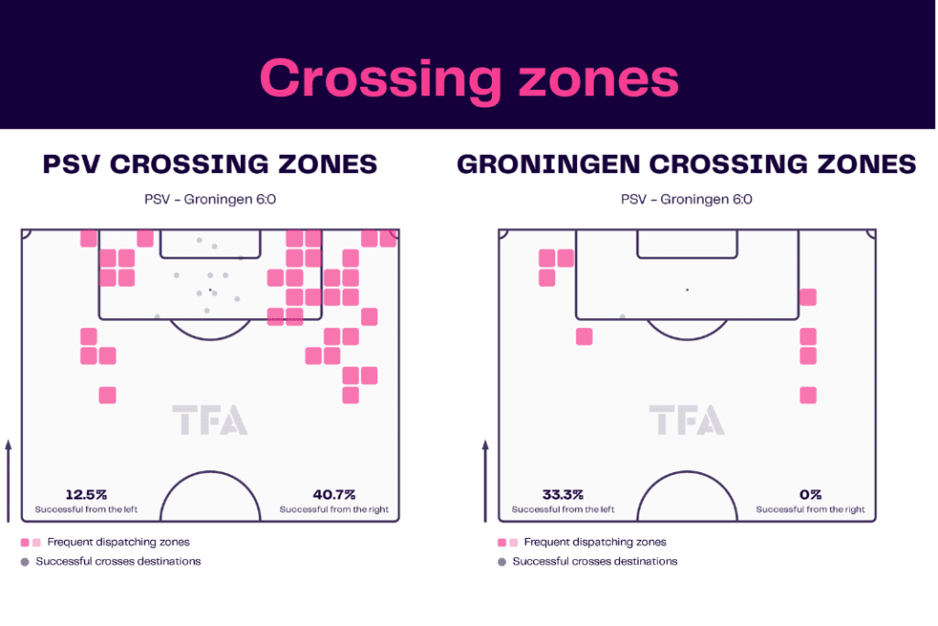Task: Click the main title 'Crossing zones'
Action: [x=469, y=79]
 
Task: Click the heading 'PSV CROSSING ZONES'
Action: [x=210, y=165]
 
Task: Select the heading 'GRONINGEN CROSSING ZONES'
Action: [x=686, y=165]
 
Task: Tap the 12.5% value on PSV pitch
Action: [x=86, y=495]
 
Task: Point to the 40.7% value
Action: [x=333, y=495]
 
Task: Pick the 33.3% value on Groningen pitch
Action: [x=563, y=495]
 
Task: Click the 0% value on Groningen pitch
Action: [x=811, y=495]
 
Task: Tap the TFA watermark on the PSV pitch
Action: [x=210, y=420]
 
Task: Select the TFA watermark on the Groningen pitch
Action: [x=687, y=420]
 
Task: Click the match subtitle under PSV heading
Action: [x=210, y=199]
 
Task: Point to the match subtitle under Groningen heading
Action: [x=687, y=199]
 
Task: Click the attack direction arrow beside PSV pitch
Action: [x=8, y=481]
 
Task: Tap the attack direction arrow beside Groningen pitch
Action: [x=485, y=481]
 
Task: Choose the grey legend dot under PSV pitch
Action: [x=25, y=562]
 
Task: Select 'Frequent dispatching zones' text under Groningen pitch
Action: [x=595, y=543]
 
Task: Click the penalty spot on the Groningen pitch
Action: [x=687, y=290]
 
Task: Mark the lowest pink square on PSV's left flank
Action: [x=108, y=396]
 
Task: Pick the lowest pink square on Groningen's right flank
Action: [x=808, y=396]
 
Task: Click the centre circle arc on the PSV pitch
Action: [x=210, y=472]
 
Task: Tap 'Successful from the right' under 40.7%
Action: [x=333, y=510]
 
